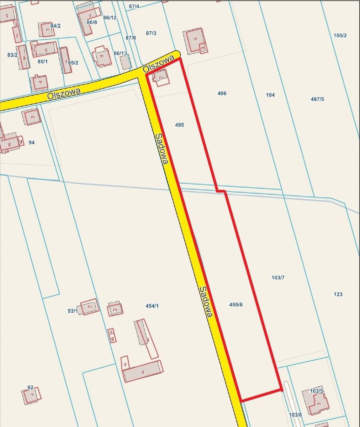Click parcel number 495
pos(180,125)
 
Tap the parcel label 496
pos(222,94)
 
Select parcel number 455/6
pos(236,305)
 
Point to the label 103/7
pos(278,278)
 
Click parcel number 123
pos(338,294)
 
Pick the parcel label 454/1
pos(152,306)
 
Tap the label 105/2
pos(340,36)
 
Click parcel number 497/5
pos(317,99)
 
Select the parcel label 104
pos(270,95)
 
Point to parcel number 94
pos(32,142)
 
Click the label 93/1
pos(73,311)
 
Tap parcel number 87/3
pos(151,33)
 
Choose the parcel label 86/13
pos(120,53)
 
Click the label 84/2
pos(55,26)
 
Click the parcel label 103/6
pos(295,415)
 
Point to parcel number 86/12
pos(110,17)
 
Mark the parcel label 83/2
pos(12,55)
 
